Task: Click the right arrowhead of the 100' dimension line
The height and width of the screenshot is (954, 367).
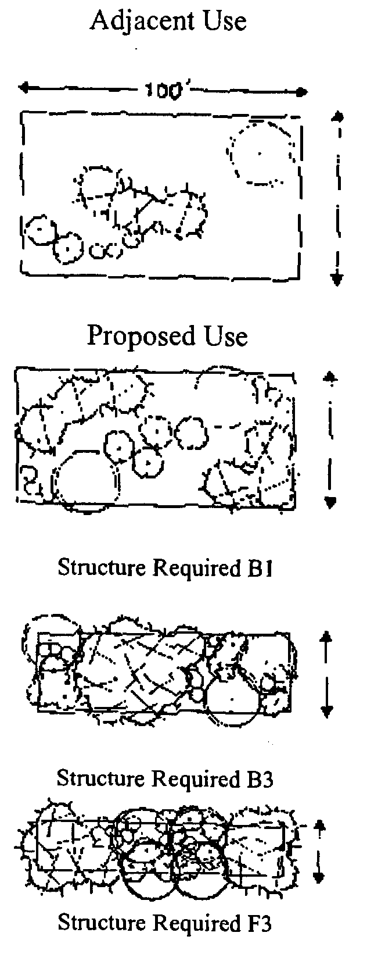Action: click(x=301, y=92)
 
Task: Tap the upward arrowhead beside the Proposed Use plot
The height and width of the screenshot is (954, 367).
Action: click(x=330, y=378)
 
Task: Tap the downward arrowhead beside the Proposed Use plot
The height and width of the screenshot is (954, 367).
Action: click(x=330, y=501)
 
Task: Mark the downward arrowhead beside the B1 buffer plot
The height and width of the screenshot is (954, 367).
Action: click(x=326, y=710)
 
